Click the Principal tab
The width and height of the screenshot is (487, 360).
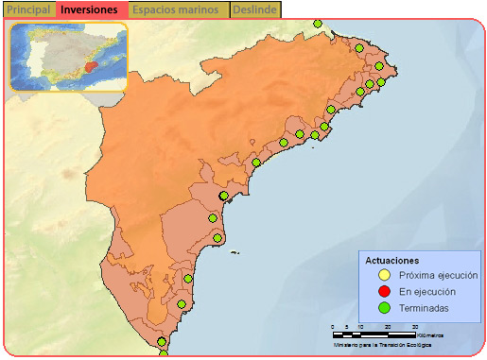point(28,9)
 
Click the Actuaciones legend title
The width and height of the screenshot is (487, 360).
point(392,260)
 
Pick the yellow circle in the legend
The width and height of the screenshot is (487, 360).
point(385,275)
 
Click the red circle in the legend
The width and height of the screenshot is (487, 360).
point(385,291)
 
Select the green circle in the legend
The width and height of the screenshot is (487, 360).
point(385,307)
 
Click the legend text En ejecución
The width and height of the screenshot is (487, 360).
point(425,291)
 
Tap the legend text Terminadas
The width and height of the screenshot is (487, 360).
point(424,307)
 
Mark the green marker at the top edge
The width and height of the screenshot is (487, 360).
point(317,23)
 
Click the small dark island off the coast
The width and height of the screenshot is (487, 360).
point(233,251)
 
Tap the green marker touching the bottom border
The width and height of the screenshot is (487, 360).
point(164,355)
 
